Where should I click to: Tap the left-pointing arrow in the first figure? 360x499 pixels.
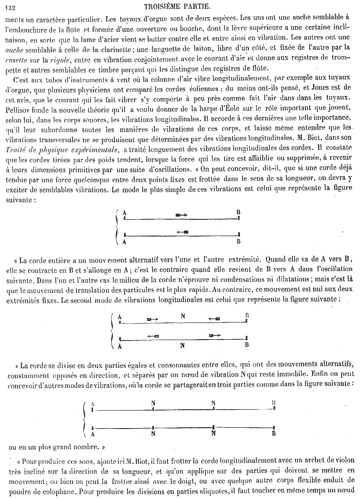click(183, 231)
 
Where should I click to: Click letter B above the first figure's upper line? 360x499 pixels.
click(238, 212)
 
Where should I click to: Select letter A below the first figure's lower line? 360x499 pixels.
click(124, 242)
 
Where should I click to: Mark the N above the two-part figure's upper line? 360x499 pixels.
click(183, 316)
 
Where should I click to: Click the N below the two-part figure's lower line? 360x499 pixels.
click(183, 346)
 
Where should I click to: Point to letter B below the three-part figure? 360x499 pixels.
click(274, 434)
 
